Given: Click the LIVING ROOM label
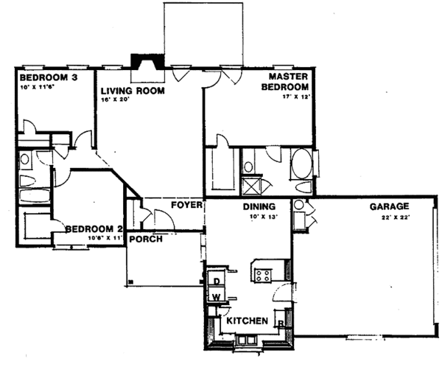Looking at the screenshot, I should click(132, 91).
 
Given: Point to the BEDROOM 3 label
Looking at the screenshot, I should click(45, 77).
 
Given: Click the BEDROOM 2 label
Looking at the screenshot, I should click(93, 229).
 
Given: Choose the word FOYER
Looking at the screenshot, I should click(186, 204).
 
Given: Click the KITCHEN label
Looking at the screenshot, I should click(247, 322).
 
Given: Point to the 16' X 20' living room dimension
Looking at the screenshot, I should click(116, 100).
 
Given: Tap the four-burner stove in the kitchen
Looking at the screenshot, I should click(263, 275).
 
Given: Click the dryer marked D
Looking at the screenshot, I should click(217, 280).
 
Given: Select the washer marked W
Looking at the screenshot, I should click(217, 297).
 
